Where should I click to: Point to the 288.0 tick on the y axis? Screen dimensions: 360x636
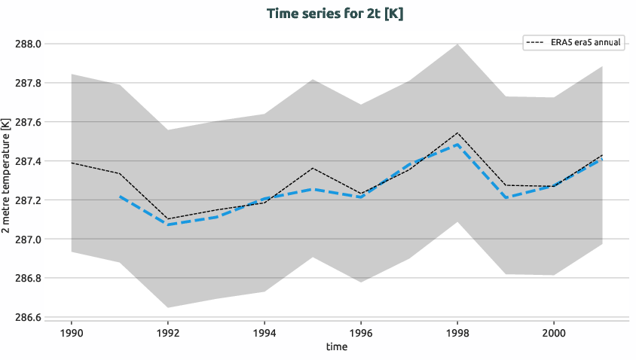tap(29, 44)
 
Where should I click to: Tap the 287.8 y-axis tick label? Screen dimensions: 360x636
tap(29, 83)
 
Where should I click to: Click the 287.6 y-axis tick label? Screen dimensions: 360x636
tap(29, 122)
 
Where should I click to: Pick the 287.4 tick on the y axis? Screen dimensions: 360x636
tap(29, 161)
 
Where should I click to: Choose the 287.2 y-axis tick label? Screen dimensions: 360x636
tap(29, 200)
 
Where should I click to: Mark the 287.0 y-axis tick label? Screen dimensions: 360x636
tap(29, 239)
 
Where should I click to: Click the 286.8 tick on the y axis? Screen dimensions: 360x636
tap(29, 279)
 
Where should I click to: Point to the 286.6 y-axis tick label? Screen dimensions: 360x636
tap(29, 317)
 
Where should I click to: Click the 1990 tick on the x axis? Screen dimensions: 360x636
tap(72, 332)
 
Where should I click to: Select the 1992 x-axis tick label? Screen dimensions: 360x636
tap(168, 332)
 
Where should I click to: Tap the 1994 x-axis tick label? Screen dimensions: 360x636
tap(264, 332)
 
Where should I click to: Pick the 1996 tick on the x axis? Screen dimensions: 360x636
tap(361, 332)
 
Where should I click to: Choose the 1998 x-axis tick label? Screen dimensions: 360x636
tap(457, 332)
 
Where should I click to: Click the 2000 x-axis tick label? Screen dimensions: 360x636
tap(554, 332)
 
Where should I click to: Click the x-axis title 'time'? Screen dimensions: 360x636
tap(337, 346)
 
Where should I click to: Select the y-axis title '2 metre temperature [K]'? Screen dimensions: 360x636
tap(7, 181)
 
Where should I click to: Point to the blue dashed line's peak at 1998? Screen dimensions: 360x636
tap(457, 145)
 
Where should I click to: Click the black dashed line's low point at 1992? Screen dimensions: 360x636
tap(168, 219)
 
